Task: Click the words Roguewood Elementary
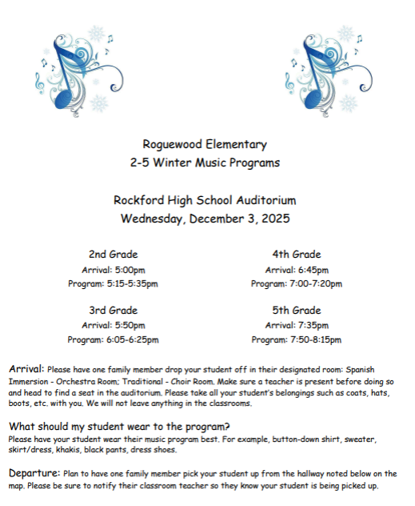coord(205,145)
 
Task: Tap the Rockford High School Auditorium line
coord(205,200)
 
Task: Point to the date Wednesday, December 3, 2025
coord(205,218)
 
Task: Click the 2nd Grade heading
coord(113,255)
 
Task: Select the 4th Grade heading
coord(297,255)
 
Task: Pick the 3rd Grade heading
coord(113,310)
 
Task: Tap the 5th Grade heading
coord(297,310)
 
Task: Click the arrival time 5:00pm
coord(129,270)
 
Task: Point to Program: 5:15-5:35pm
coord(113,284)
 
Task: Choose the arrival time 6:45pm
coord(313,270)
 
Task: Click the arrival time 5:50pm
coord(129,325)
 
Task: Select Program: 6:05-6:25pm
coord(113,340)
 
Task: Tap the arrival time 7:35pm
coord(313,325)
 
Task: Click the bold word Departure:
coord(34,473)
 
